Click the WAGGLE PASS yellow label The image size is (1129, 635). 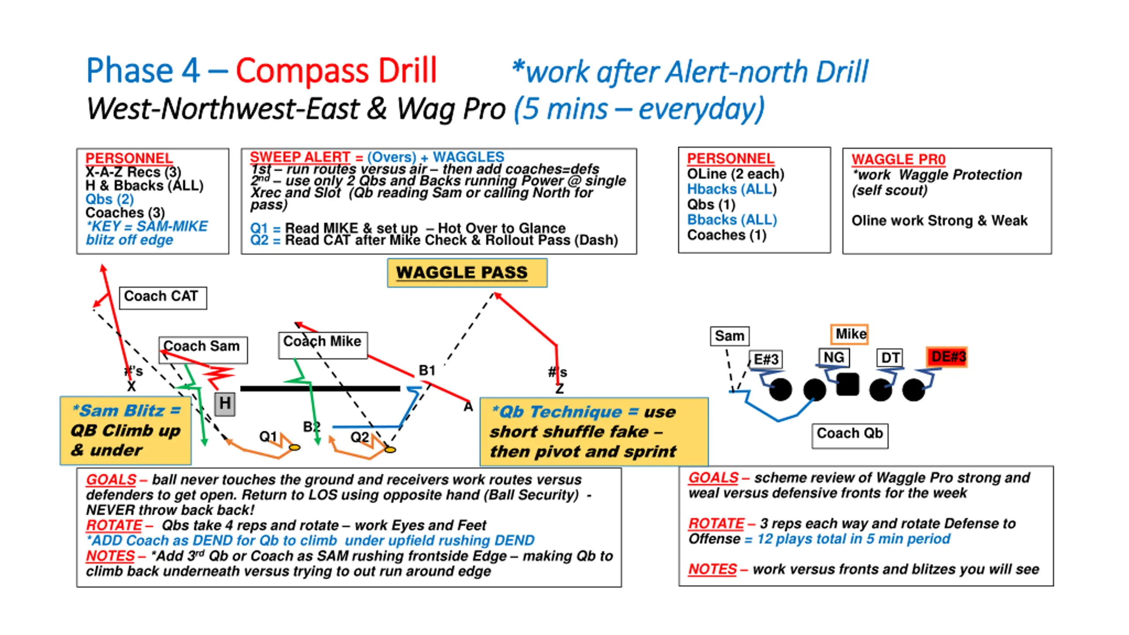click(x=467, y=273)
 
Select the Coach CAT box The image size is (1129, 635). click(x=163, y=297)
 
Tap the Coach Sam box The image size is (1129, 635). click(x=203, y=348)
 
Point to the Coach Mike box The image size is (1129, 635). click(x=323, y=344)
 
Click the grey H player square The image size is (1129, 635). click(x=225, y=403)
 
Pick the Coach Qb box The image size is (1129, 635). click(x=849, y=435)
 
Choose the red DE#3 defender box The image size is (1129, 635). click(x=946, y=357)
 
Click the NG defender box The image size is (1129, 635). click(x=834, y=357)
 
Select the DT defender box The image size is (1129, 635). click(x=889, y=357)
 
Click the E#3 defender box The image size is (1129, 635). click(x=766, y=359)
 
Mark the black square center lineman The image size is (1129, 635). click(x=847, y=384)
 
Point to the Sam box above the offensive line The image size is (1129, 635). click(x=729, y=336)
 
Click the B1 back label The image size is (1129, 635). click(x=426, y=370)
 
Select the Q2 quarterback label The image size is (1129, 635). click(x=359, y=437)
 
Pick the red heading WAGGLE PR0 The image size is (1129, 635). click(x=898, y=159)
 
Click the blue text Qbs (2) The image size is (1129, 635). click(x=109, y=199)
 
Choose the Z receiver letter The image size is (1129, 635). click(x=559, y=389)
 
